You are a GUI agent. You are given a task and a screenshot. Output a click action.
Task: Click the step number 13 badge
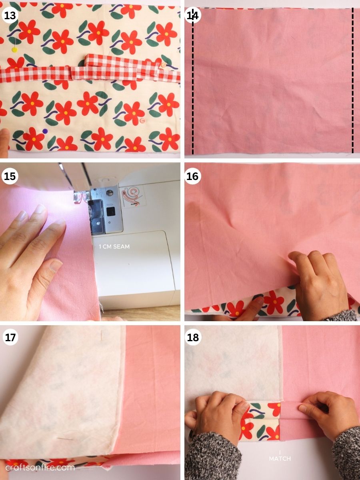10,16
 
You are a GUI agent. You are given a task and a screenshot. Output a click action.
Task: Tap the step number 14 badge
193,16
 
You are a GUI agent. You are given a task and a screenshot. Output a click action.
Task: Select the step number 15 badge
10,176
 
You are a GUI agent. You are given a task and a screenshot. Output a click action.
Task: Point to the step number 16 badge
193,176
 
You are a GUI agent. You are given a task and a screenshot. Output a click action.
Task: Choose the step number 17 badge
10,338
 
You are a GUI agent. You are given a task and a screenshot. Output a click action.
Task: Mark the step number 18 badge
193,338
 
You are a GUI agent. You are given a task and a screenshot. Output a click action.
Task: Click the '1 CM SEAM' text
114,247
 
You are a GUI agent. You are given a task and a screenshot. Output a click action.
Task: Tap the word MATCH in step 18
280,458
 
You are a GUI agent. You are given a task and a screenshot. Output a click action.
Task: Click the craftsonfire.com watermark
40,467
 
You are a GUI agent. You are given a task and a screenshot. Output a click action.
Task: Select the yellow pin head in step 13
15,50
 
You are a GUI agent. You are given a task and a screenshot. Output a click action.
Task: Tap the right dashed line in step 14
352,80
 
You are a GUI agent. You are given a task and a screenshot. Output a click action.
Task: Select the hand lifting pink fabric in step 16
316,280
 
